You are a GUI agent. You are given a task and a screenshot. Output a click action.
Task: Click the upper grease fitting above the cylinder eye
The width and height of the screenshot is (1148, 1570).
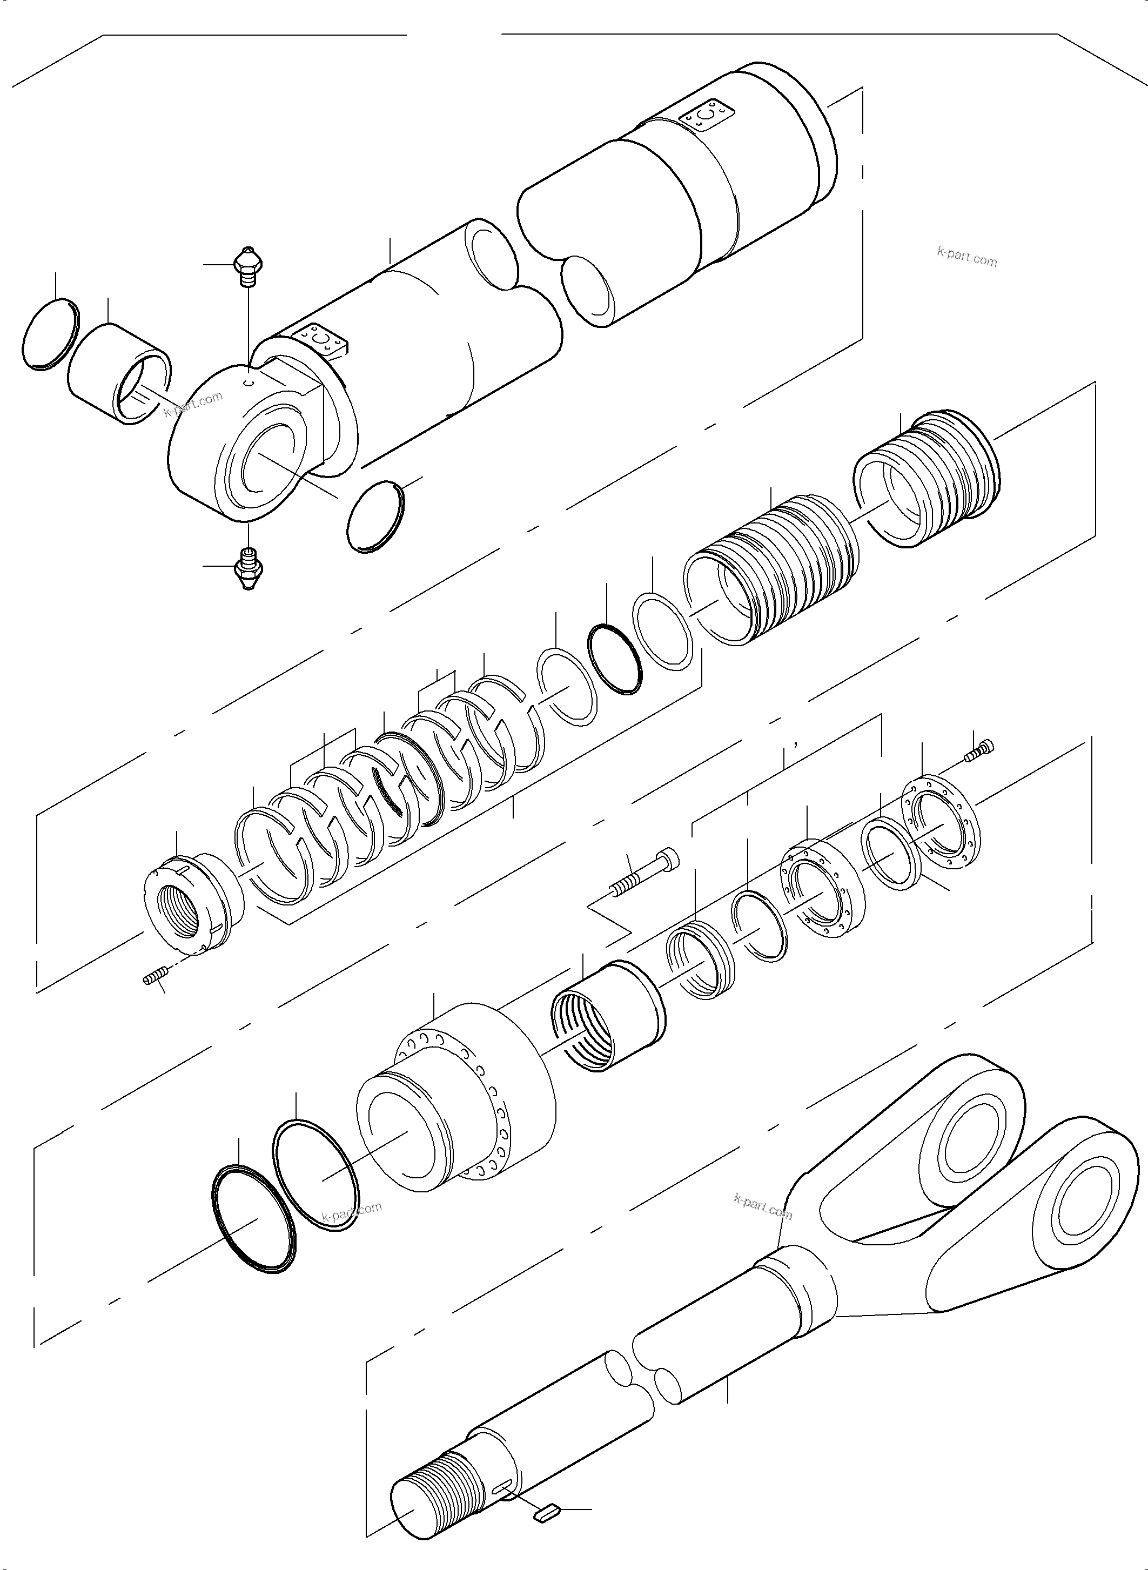tap(247, 266)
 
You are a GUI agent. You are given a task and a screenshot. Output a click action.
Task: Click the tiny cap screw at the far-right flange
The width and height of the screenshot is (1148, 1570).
tap(980, 752)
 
